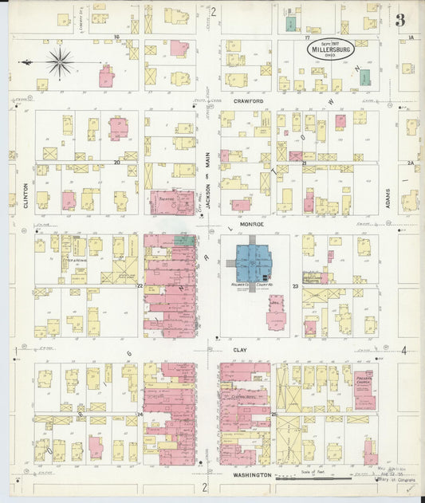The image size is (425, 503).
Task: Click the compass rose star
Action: tap(59, 61)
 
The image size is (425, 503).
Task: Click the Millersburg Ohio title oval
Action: tap(329, 49)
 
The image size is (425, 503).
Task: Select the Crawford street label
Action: tap(248, 102)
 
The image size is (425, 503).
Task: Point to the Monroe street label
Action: tap(248, 226)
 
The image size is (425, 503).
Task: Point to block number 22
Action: tap(139, 285)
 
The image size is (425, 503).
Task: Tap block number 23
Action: tap(295, 285)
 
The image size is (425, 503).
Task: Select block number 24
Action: tap(139, 415)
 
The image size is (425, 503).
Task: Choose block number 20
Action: tap(117, 162)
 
